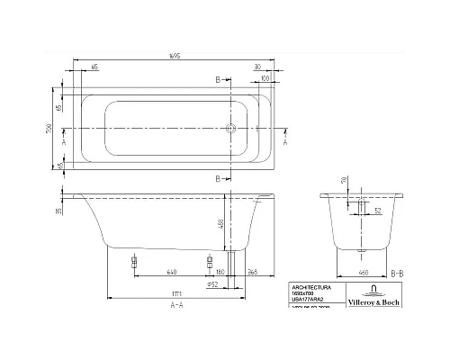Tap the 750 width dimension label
click(52, 127)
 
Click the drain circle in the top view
click(230, 129)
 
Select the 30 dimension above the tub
click(257, 67)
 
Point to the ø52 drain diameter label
click(215, 284)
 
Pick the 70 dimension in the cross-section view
click(344, 181)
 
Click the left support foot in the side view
click(133, 264)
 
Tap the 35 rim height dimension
click(57, 213)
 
